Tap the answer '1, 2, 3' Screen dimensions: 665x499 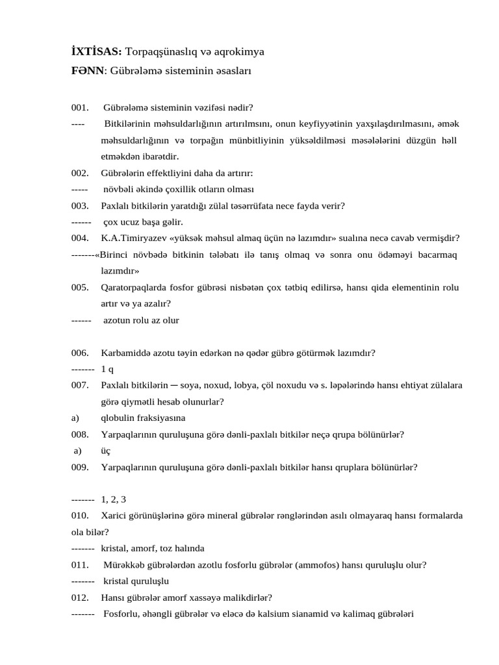[x=114, y=499]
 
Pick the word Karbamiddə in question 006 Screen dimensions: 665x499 [x=124, y=353]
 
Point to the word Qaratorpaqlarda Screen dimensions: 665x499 [x=134, y=287]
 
